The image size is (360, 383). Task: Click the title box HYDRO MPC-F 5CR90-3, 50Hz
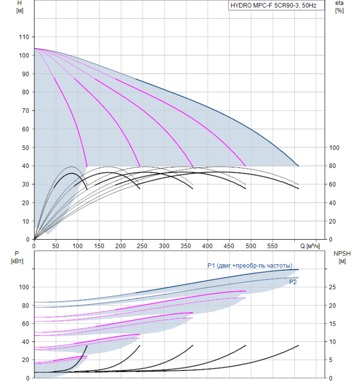pyautogui.click(x=276, y=5)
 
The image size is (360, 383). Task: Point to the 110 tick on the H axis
pyautogui.click(x=24, y=37)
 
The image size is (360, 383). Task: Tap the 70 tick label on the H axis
pyautogui.click(x=25, y=111)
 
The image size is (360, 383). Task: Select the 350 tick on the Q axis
pyautogui.click(x=185, y=246)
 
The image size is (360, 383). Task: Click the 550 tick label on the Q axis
pyautogui.click(x=272, y=246)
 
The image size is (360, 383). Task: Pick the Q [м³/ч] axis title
pyautogui.click(x=310, y=246)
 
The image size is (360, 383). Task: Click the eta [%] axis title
pyautogui.click(x=339, y=7)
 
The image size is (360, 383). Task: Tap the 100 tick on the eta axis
pyautogui.click(x=334, y=148)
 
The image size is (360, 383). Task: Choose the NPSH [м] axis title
pyautogui.click(x=342, y=257)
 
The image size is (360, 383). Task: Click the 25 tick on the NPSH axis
pyautogui.click(x=332, y=287)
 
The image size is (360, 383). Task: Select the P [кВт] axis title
pyautogui.click(x=17, y=257)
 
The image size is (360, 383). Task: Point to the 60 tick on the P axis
pyautogui.click(x=25, y=324)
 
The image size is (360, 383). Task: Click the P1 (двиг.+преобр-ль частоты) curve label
pyautogui.click(x=250, y=265)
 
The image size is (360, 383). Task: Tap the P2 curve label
pyautogui.click(x=293, y=282)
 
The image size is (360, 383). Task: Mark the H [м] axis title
pyautogui.click(x=20, y=7)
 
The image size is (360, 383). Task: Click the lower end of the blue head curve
pyautogui.click(x=298, y=166)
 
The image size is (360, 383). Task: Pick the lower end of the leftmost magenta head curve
pyautogui.click(x=87, y=166)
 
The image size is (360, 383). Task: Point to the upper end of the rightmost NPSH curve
pyautogui.click(x=299, y=345)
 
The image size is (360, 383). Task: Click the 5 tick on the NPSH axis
pyautogui.click(x=330, y=360)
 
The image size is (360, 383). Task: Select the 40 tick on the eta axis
pyautogui.click(x=332, y=203)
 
